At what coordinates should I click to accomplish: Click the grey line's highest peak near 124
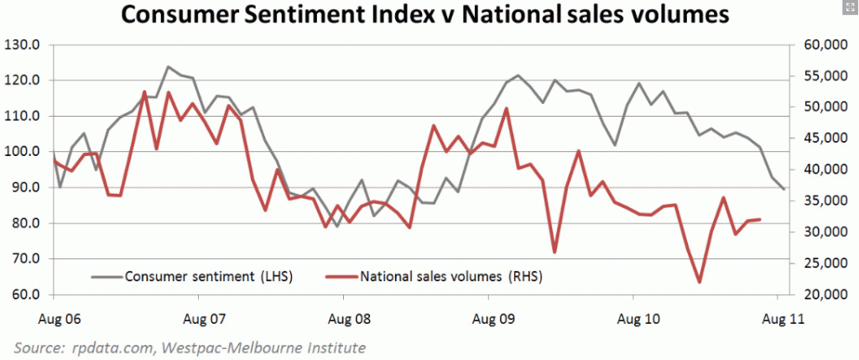pos(168,66)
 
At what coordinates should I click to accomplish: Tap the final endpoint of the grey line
pos(784,189)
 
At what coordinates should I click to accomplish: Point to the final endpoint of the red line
pos(760,220)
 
